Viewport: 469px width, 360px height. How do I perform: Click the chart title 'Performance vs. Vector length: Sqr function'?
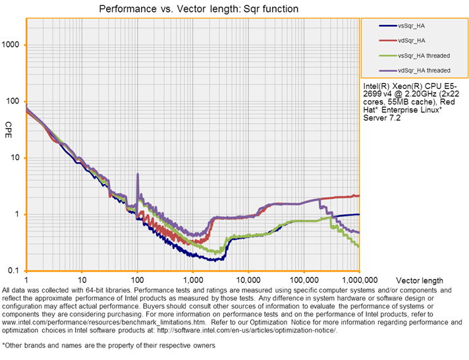[x=198, y=9]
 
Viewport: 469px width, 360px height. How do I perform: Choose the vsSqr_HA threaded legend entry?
[x=424, y=55]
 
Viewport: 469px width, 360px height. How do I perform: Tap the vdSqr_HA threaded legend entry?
[x=424, y=69]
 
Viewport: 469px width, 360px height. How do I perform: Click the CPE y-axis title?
[x=8, y=125]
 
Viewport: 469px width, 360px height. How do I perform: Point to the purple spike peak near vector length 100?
[x=137, y=174]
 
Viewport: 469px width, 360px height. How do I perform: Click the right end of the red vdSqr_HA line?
[x=358, y=195]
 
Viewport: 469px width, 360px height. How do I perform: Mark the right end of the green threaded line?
[x=358, y=246]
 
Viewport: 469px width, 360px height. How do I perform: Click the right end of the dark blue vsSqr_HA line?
[x=358, y=214]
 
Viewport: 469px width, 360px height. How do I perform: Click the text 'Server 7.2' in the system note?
[x=381, y=119]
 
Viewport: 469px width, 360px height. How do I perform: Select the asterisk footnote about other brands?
[x=109, y=345]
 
